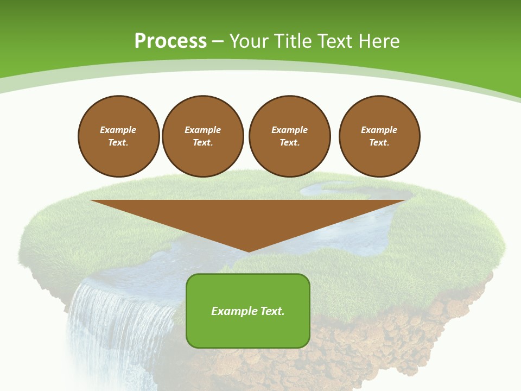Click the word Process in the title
pyautogui.click(x=170, y=41)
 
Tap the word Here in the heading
pyautogui.click(x=379, y=41)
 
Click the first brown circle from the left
pyautogui.click(x=118, y=136)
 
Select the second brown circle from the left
pyautogui.click(x=202, y=136)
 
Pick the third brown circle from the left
pyautogui.click(x=289, y=136)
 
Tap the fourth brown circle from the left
pyautogui.click(x=379, y=136)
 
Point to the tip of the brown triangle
pyautogui.click(x=249, y=251)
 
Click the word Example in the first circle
pyautogui.click(x=118, y=130)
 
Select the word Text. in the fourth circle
pyautogui.click(x=379, y=143)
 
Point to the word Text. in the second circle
pyautogui.click(x=202, y=143)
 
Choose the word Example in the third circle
pyautogui.click(x=289, y=130)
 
